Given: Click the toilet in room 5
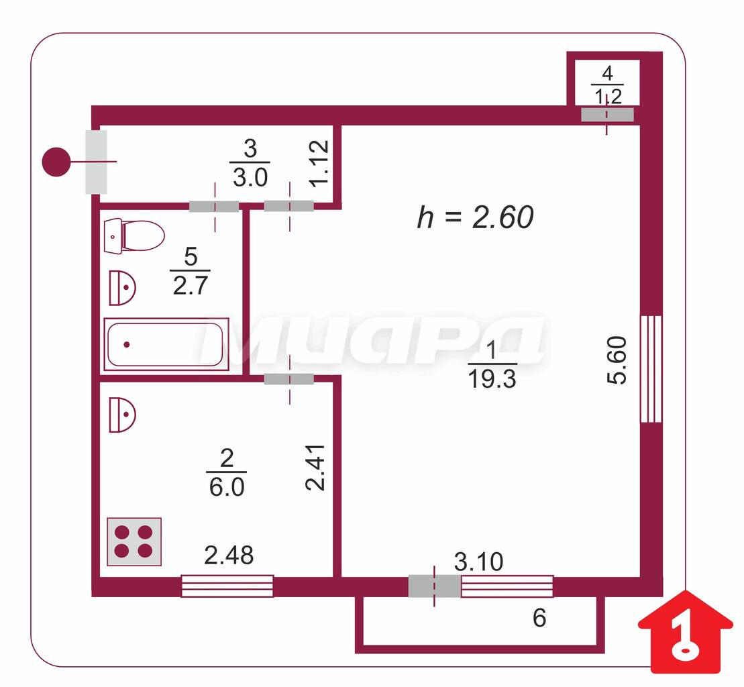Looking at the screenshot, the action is pos(134,235).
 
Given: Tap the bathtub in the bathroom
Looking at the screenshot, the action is pos(166,344).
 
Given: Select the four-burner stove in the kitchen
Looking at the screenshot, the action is pos(134,541).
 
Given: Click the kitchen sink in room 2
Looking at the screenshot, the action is pos(122,415).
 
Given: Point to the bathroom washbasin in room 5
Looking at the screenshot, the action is pos(122,288).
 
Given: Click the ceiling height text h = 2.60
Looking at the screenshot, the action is pos(476,217).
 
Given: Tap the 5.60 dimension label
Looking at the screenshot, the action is pos(617,360).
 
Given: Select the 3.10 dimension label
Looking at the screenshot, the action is pos(478,562).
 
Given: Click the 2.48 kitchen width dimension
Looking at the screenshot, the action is pos(229,555).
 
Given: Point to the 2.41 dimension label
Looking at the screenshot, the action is pos(315,468).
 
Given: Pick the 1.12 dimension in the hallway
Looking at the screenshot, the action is pos(319,164).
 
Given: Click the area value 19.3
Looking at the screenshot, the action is pos(492,379).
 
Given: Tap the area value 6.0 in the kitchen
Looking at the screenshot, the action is pos(227,487).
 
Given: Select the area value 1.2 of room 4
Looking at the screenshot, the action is pos(608,97).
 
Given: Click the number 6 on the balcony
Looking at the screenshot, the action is pos(539,618).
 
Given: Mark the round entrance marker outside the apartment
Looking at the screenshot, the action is pos(56,162).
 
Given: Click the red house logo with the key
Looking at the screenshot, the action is pos(686,632).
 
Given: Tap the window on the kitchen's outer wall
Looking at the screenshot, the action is pos(227,586).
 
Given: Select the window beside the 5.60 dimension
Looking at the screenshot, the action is pos(651,368).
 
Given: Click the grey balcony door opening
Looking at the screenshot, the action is pos(434,586).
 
